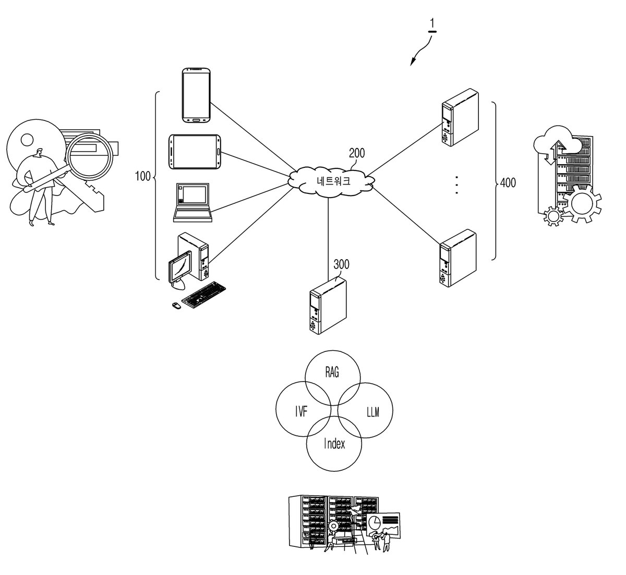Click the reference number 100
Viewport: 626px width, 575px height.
(x=142, y=176)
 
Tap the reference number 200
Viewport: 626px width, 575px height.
(x=357, y=153)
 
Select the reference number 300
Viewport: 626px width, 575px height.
(x=341, y=264)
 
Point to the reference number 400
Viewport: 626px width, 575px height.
(x=508, y=182)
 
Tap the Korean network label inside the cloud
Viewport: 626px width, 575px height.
(x=333, y=181)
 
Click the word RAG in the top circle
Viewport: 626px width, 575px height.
(x=332, y=372)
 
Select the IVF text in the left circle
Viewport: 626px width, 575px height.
(x=301, y=412)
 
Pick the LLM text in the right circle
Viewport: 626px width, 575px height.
(x=373, y=412)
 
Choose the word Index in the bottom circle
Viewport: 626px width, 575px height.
(x=334, y=443)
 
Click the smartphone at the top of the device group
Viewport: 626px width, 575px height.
(x=196, y=95)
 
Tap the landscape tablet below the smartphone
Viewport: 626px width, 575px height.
(x=195, y=152)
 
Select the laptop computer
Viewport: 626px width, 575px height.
(x=192, y=202)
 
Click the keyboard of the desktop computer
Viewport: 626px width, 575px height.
(x=203, y=295)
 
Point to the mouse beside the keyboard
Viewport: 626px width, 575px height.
(x=176, y=305)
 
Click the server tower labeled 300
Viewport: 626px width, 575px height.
(x=328, y=305)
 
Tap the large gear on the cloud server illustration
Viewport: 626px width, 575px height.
(x=582, y=203)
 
